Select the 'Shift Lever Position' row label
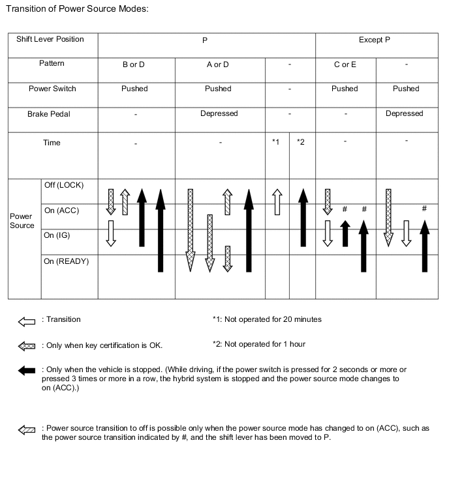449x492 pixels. click(x=50, y=39)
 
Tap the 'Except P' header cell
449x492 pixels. click(x=375, y=40)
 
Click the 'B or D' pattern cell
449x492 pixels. click(x=134, y=65)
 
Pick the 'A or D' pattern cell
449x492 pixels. click(x=218, y=65)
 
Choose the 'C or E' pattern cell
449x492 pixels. click(x=345, y=65)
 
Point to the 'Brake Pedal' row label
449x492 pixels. click(x=49, y=114)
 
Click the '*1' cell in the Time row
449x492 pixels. click(x=276, y=142)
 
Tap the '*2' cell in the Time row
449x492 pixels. click(x=300, y=142)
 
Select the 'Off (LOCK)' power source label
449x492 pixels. click(x=64, y=185)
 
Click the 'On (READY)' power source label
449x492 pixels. click(x=66, y=261)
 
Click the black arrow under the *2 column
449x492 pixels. click(x=302, y=218)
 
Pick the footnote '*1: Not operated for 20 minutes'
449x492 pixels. click(x=266, y=319)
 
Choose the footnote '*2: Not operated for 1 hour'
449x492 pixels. click(x=258, y=343)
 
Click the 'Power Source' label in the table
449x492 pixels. click(x=22, y=220)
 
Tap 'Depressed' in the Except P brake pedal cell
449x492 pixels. click(x=404, y=113)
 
